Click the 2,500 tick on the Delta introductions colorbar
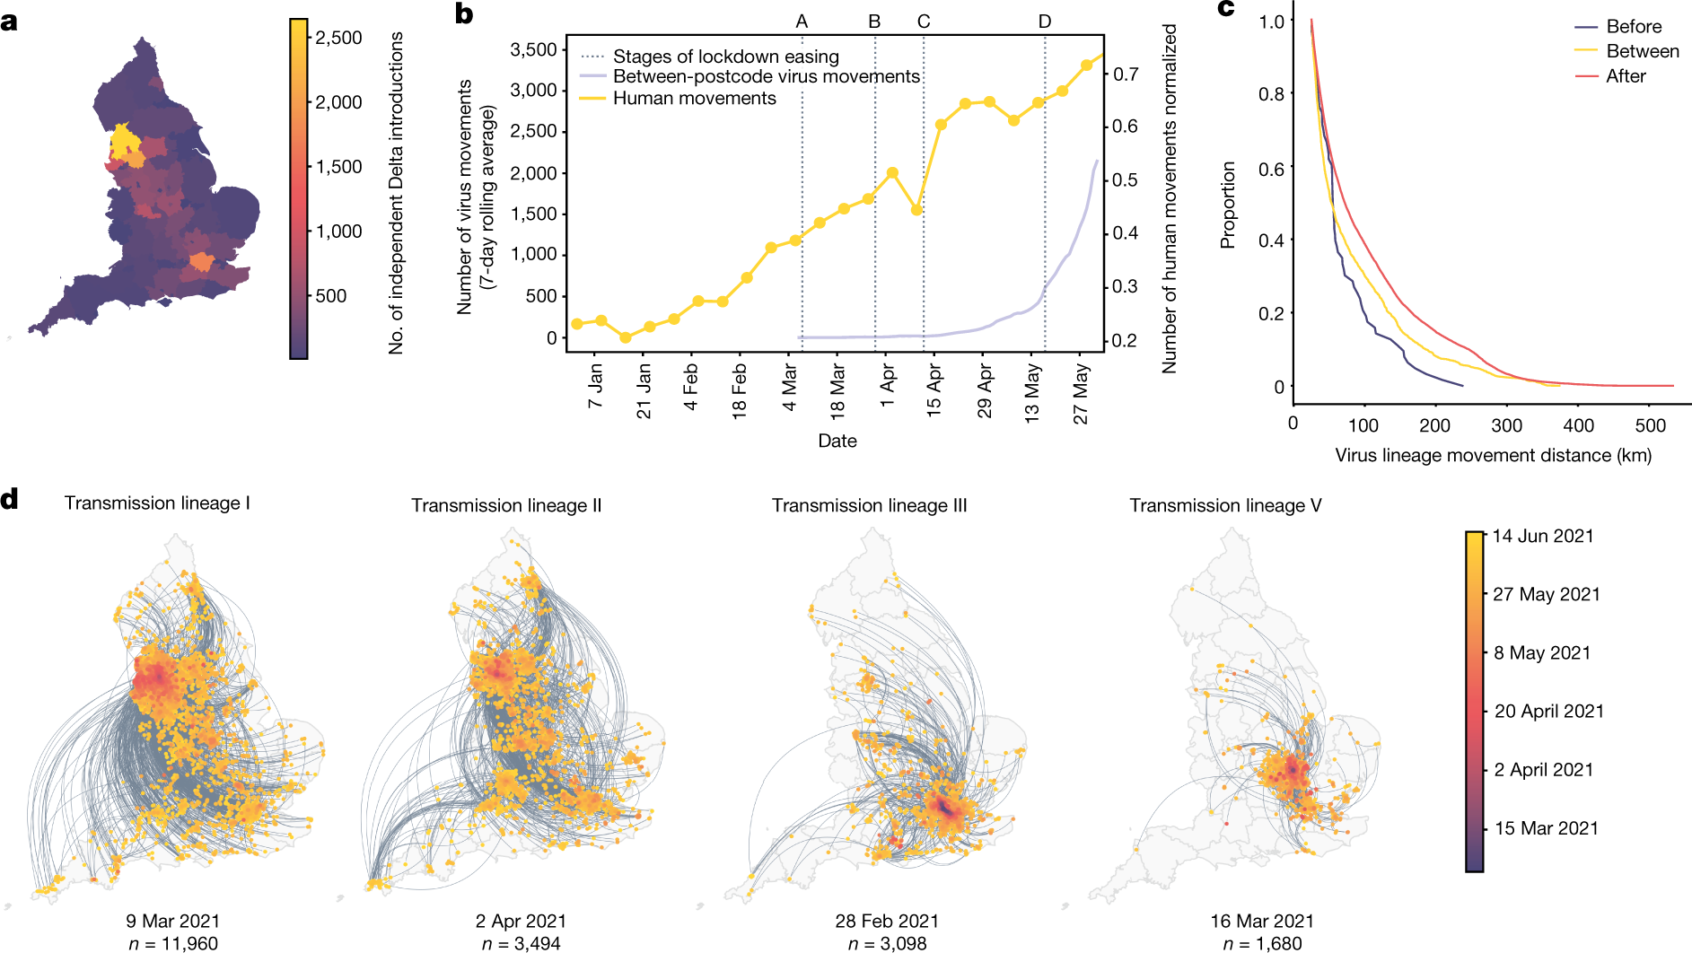coord(338,38)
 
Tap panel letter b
coord(464,14)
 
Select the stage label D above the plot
coord(1045,22)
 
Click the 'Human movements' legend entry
coord(694,98)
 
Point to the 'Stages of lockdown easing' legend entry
coord(725,57)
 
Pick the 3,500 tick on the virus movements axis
coord(534,49)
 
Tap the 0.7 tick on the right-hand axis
coord(1126,74)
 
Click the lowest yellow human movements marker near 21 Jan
coord(626,337)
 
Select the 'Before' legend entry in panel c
coord(1634,27)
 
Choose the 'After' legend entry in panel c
coord(1626,76)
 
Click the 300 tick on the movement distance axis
coord(1506,424)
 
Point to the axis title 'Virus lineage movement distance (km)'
coord(1493,455)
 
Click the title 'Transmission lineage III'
coord(869,505)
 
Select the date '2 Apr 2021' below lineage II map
coord(521,921)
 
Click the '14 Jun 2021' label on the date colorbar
coord(1543,536)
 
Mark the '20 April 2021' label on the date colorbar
coord(1548,711)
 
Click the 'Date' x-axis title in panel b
coord(837,441)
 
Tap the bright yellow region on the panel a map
coord(121,142)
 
